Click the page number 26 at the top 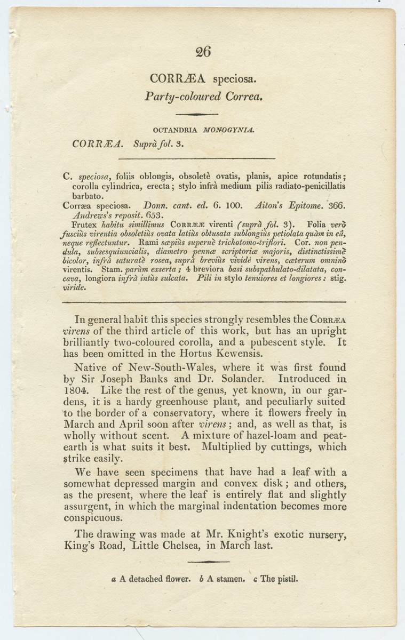pos(203,52)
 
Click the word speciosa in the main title pos(235,80)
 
